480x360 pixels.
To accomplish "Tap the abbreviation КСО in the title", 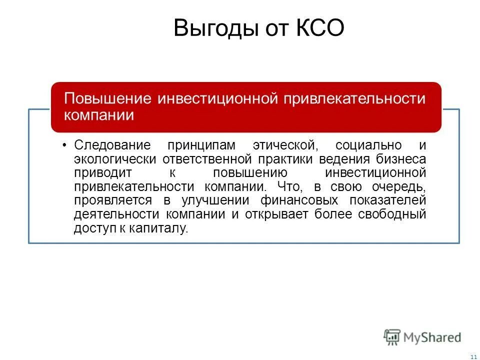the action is coord(318,28).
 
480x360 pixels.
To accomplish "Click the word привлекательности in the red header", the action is coord(355,98).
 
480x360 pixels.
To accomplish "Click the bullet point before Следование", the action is coord(65,145).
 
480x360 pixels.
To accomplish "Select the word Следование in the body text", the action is coord(112,145).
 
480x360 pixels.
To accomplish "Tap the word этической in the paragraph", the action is coord(282,145).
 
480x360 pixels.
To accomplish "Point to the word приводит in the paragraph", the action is coord(102,173).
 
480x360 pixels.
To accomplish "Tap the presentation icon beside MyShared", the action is coord(392,337).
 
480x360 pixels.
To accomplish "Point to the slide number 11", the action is coord(473,355).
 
